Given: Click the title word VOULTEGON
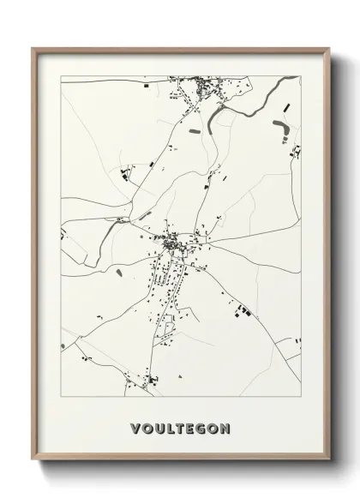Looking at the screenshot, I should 180,426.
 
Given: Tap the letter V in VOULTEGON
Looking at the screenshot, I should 135,426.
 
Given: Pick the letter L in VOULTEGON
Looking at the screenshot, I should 169,426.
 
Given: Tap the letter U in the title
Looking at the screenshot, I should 158,426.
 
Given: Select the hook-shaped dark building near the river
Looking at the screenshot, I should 282,129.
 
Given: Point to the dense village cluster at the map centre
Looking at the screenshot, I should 172,244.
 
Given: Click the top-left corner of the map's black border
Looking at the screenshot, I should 61,75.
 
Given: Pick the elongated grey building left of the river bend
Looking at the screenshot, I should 194,131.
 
